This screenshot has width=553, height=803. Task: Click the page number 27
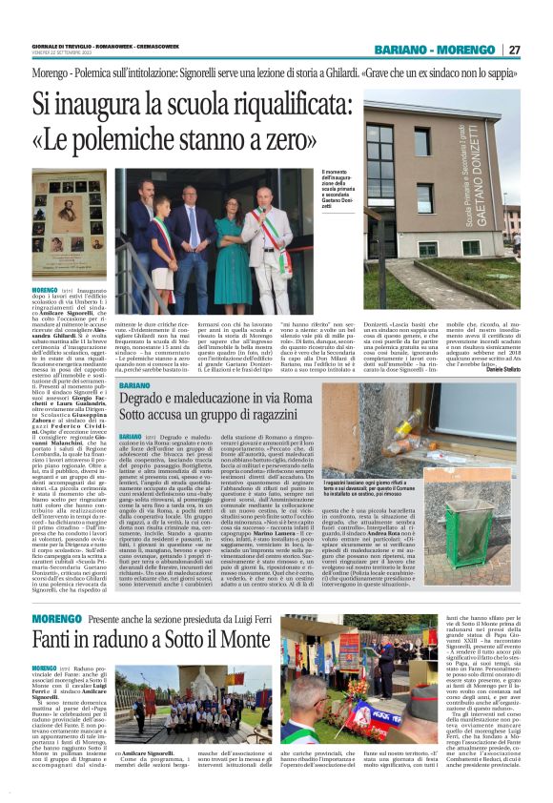[515, 50]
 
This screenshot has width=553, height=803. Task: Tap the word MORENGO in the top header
[465, 50]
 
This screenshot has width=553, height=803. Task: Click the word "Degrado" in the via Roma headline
[148, 401]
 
